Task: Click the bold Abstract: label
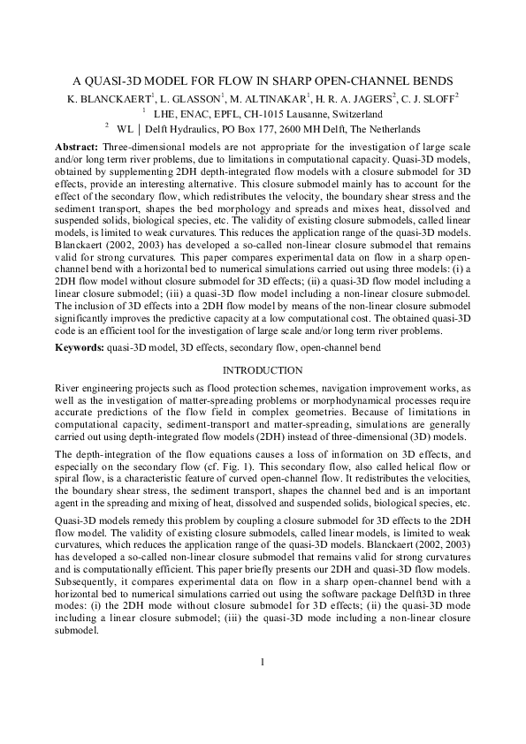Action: click(77, 146)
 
